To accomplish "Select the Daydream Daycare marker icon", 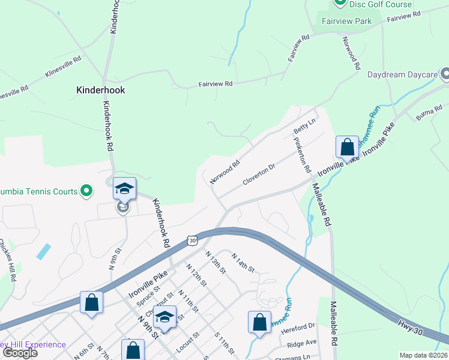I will click(444, 74).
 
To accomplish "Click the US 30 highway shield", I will click(192, 239).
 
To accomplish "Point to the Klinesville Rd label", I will click(62, 67).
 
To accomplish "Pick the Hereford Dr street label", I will click(301, 326).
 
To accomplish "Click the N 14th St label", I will click(243, 262).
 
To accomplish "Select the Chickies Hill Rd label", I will click(8, 260).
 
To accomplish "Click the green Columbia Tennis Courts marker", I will click(86, 191).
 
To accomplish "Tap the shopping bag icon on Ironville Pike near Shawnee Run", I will click(347, 147).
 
